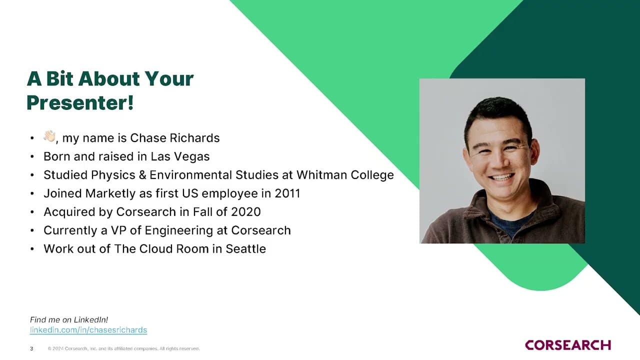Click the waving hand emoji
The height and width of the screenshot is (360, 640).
point(49,136)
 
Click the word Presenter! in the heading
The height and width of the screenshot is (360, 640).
point(80,103)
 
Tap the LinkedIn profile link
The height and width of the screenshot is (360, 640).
point(88,330)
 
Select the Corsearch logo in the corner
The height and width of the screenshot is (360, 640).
point(568,345)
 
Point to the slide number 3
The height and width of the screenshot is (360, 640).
point(31,348)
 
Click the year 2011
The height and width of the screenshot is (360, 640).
point(287,193)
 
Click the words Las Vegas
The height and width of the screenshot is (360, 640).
point(180,156)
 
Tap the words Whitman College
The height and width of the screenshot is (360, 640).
point(345,175)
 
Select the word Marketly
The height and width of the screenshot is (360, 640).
point(110,193)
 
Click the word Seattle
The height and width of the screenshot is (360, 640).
point(245,249)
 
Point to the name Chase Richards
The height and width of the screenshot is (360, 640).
point(175,138)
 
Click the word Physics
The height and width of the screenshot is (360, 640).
point(113,175)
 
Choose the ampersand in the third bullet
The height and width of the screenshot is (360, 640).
point(142,175)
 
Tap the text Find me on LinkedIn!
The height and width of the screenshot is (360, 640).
point(69,319)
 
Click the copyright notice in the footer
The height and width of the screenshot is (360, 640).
point(123,348)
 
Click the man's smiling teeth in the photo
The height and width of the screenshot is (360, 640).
point(501,177)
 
